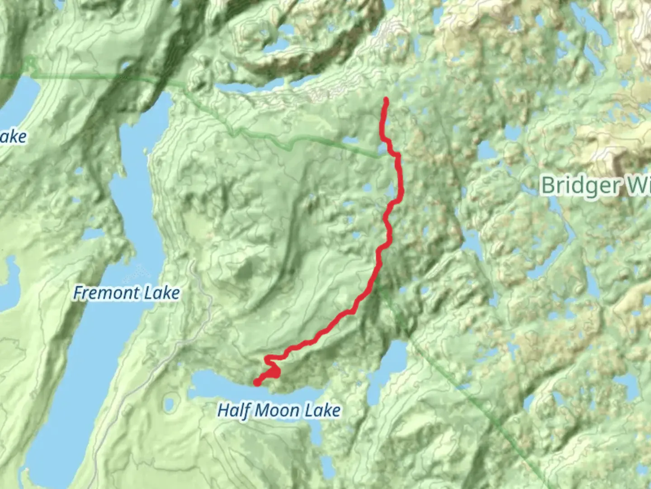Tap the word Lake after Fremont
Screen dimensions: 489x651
click(162, 293)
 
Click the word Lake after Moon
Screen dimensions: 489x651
click(322, 411)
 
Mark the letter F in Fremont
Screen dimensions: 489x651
click(78, 293)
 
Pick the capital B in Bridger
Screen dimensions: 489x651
click(547, 185)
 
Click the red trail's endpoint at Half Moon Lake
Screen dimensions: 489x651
click(257, 383)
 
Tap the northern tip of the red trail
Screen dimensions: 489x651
click(386, 99)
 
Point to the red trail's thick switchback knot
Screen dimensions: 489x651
click(274, 372)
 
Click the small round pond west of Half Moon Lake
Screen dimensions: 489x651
click(170, 403)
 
